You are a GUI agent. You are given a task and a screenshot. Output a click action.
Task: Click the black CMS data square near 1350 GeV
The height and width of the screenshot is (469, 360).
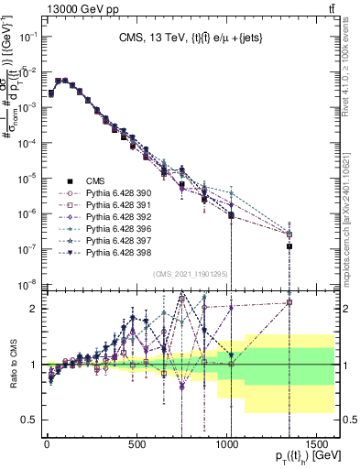pos(289,246)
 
